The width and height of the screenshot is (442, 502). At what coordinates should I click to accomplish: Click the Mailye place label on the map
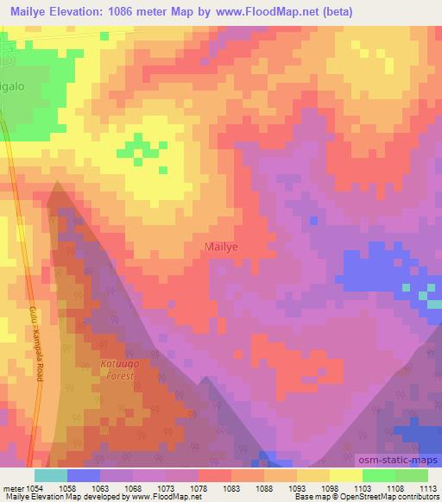[x=222, y=246]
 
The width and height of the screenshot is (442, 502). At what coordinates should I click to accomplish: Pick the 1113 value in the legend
[x=426, y=488]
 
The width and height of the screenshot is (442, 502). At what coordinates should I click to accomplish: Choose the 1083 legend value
[x=231, y=488]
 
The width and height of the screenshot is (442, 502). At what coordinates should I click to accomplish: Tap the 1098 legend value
[x=329, y=488]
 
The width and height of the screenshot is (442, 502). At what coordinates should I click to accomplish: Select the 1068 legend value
[x=134, y=488]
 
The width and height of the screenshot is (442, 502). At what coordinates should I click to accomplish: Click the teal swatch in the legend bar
[x=51, y=474]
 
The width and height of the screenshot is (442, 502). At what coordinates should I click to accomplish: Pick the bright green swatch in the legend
[x=378, y=474]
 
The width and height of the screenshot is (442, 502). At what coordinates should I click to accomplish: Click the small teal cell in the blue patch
[x=424, y=298]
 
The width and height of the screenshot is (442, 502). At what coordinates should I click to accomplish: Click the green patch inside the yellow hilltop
[x=136, y=147]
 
